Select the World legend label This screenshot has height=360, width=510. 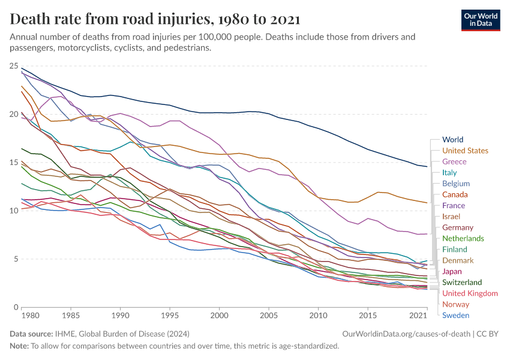pyautogui.click(x=452, y=140)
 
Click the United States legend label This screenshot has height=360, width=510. pyautogui.click(x=465, y=151)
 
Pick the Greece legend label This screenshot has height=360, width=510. pyautogui.click(x=454, y=162)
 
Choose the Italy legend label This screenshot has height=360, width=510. pyautogui.click(x=449, y=173)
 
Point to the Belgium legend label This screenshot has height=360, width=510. pyautogui.click(x=456, y=184)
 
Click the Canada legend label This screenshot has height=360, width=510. pyautogui.click(x=455, y=194)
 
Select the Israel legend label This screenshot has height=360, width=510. pyautogui.click(x=451, y=216)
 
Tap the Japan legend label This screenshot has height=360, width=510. pyautogui.click(x=452, y=271)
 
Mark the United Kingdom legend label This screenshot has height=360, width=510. pyautogui.click(x=470, y=293)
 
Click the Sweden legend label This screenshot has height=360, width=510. pyautogui.click(x=455, y=315)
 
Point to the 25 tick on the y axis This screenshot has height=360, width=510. pyautogui.click(x=15, y=65)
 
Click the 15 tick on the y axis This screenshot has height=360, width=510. pyautogui.click(x=15, y=162)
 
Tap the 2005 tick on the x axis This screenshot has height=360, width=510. pyautogui.click(x=269, y=314)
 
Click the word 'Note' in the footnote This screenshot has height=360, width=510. pyautogui.click(x=20, y=346)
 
